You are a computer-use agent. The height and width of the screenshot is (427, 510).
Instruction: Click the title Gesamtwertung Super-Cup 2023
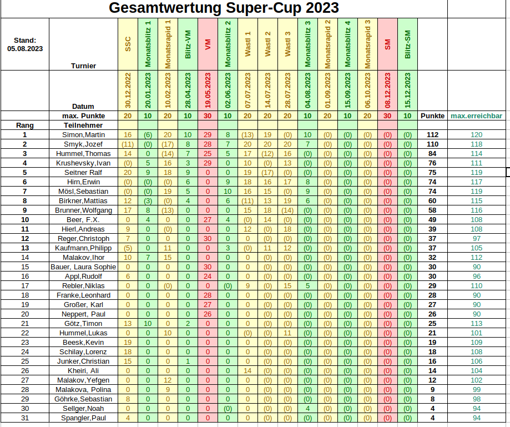click(x=224, y=8)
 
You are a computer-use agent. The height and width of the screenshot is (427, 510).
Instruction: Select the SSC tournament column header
click(x=128, y=45)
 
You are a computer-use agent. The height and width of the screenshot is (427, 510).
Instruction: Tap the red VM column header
click(x=208, y=45)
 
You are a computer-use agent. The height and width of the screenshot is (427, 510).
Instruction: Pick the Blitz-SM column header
click(x=407, y=45)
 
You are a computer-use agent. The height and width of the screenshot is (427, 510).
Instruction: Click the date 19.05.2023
click(x=208, y=91)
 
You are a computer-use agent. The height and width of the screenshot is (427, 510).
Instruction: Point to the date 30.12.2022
click(x=128, y=91)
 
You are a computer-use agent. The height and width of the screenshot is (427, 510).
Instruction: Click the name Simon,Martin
click(x=83, y=135)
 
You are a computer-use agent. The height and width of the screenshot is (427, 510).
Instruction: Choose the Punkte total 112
click(x=432, y=135)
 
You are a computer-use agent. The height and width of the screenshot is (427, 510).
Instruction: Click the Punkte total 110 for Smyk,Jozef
click(x=432, y=144)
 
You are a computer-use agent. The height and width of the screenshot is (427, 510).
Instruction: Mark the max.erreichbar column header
click(x=476, y=116)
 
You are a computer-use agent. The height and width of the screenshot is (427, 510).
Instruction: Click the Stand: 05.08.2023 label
click(x=25, y=44)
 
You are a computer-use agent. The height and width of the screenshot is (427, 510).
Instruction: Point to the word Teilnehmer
click(x=75, y=125)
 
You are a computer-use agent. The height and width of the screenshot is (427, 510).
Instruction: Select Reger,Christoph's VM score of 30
click(x=208, y=239)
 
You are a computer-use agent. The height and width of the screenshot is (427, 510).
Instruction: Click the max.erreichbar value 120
click(x=476, y=135)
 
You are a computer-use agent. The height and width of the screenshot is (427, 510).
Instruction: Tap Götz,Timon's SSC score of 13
click(x=128, y=324)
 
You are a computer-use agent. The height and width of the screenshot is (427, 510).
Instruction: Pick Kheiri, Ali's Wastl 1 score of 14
click(x=248, y=371)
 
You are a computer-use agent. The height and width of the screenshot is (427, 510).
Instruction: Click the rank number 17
click(x=24, y=286)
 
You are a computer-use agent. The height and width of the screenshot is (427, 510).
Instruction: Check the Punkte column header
click(x=432, y=116)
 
